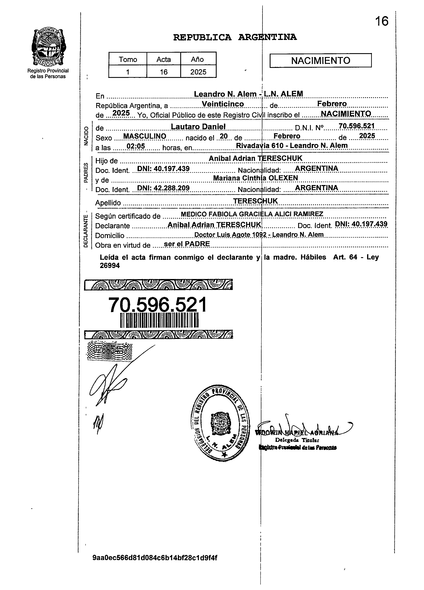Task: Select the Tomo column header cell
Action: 128,59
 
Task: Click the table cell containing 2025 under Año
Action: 198,72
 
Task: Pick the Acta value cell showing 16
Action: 163,72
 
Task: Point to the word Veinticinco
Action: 223,104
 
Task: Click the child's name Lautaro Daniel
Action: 198,126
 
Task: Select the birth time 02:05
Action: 135,146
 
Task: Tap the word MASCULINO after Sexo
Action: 144,136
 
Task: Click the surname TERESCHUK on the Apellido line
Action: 255,201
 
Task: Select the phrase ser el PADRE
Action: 187,244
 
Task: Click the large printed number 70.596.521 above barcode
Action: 158,305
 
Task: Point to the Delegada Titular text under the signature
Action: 297,440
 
